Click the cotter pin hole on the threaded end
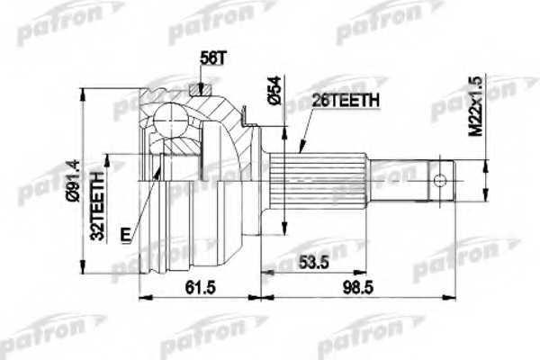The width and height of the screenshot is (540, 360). (x=439, y=177)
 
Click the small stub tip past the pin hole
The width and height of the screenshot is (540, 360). (x=454, y=177)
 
